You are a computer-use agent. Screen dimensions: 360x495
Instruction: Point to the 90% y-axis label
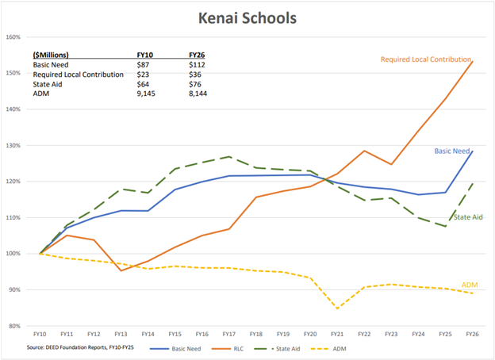click(13, 289)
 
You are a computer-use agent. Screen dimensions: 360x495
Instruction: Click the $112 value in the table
click(197, 65)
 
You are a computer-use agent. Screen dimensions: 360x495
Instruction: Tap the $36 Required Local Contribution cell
click(195, 75)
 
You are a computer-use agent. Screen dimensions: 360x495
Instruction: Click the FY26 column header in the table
click(198, 55)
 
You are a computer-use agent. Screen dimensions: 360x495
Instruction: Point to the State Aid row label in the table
click(51, 84)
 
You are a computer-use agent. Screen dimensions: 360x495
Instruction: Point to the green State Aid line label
click(467, 217)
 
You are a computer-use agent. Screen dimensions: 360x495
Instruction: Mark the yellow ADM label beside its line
click(470, 285)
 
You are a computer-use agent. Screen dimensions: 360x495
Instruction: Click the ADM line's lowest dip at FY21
click(338, 308)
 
